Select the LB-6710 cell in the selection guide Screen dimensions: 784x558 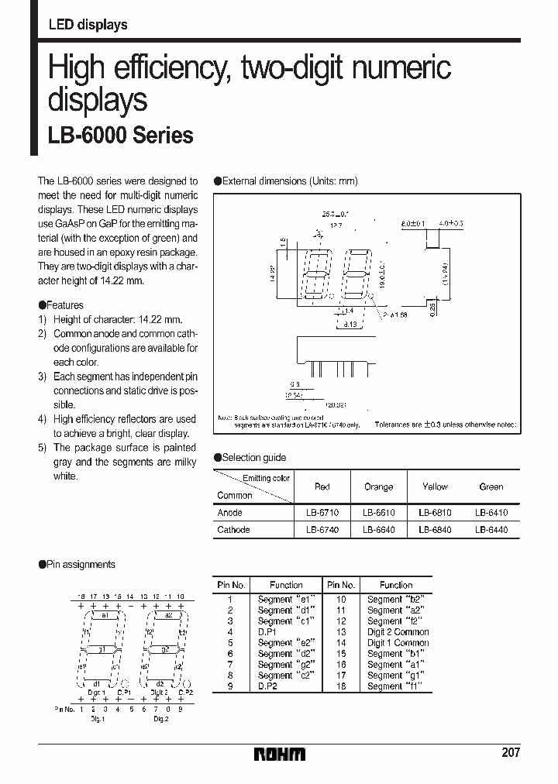(322, 513)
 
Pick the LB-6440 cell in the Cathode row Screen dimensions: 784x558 (491, 530)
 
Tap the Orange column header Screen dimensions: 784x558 (378, 487)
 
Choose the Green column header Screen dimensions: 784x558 (491, 487)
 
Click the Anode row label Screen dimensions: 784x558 (230, 513)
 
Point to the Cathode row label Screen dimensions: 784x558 (233, 530)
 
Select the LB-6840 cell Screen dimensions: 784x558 (435, 530)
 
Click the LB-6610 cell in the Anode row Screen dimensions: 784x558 (378, 513)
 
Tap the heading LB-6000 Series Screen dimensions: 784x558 (121, 136)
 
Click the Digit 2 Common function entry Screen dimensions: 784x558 (398, 632)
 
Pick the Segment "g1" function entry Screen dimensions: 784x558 (396, 676)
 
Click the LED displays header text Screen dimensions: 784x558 (88, 25)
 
